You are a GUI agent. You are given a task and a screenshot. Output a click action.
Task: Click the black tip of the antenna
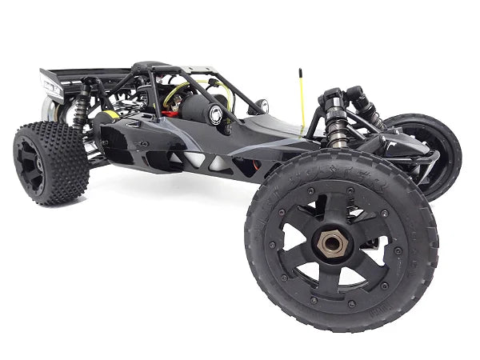point(301,71)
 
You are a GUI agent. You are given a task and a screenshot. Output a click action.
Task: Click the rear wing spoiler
point(80,80)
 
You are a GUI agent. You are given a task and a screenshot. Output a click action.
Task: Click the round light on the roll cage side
point(214,114)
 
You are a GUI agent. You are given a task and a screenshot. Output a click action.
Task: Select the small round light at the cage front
point(261,104)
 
